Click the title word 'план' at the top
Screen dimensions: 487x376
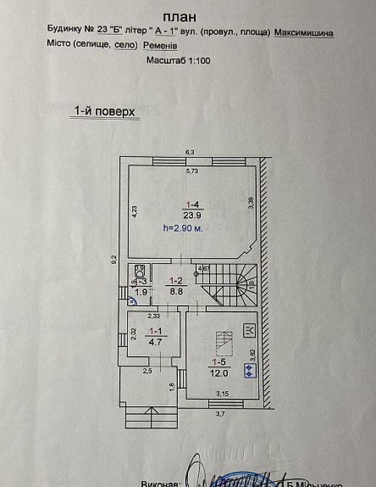click(x=179, y=16)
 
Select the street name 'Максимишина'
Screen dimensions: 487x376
click(x=305, y=33)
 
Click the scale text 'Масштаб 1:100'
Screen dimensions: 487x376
click(x=179, y=61)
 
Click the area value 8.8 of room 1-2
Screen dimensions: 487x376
click(x=175, y=290)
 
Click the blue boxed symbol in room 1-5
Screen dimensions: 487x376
click(x=249, y=369)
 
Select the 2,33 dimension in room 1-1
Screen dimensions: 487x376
click(x=154, y=315)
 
